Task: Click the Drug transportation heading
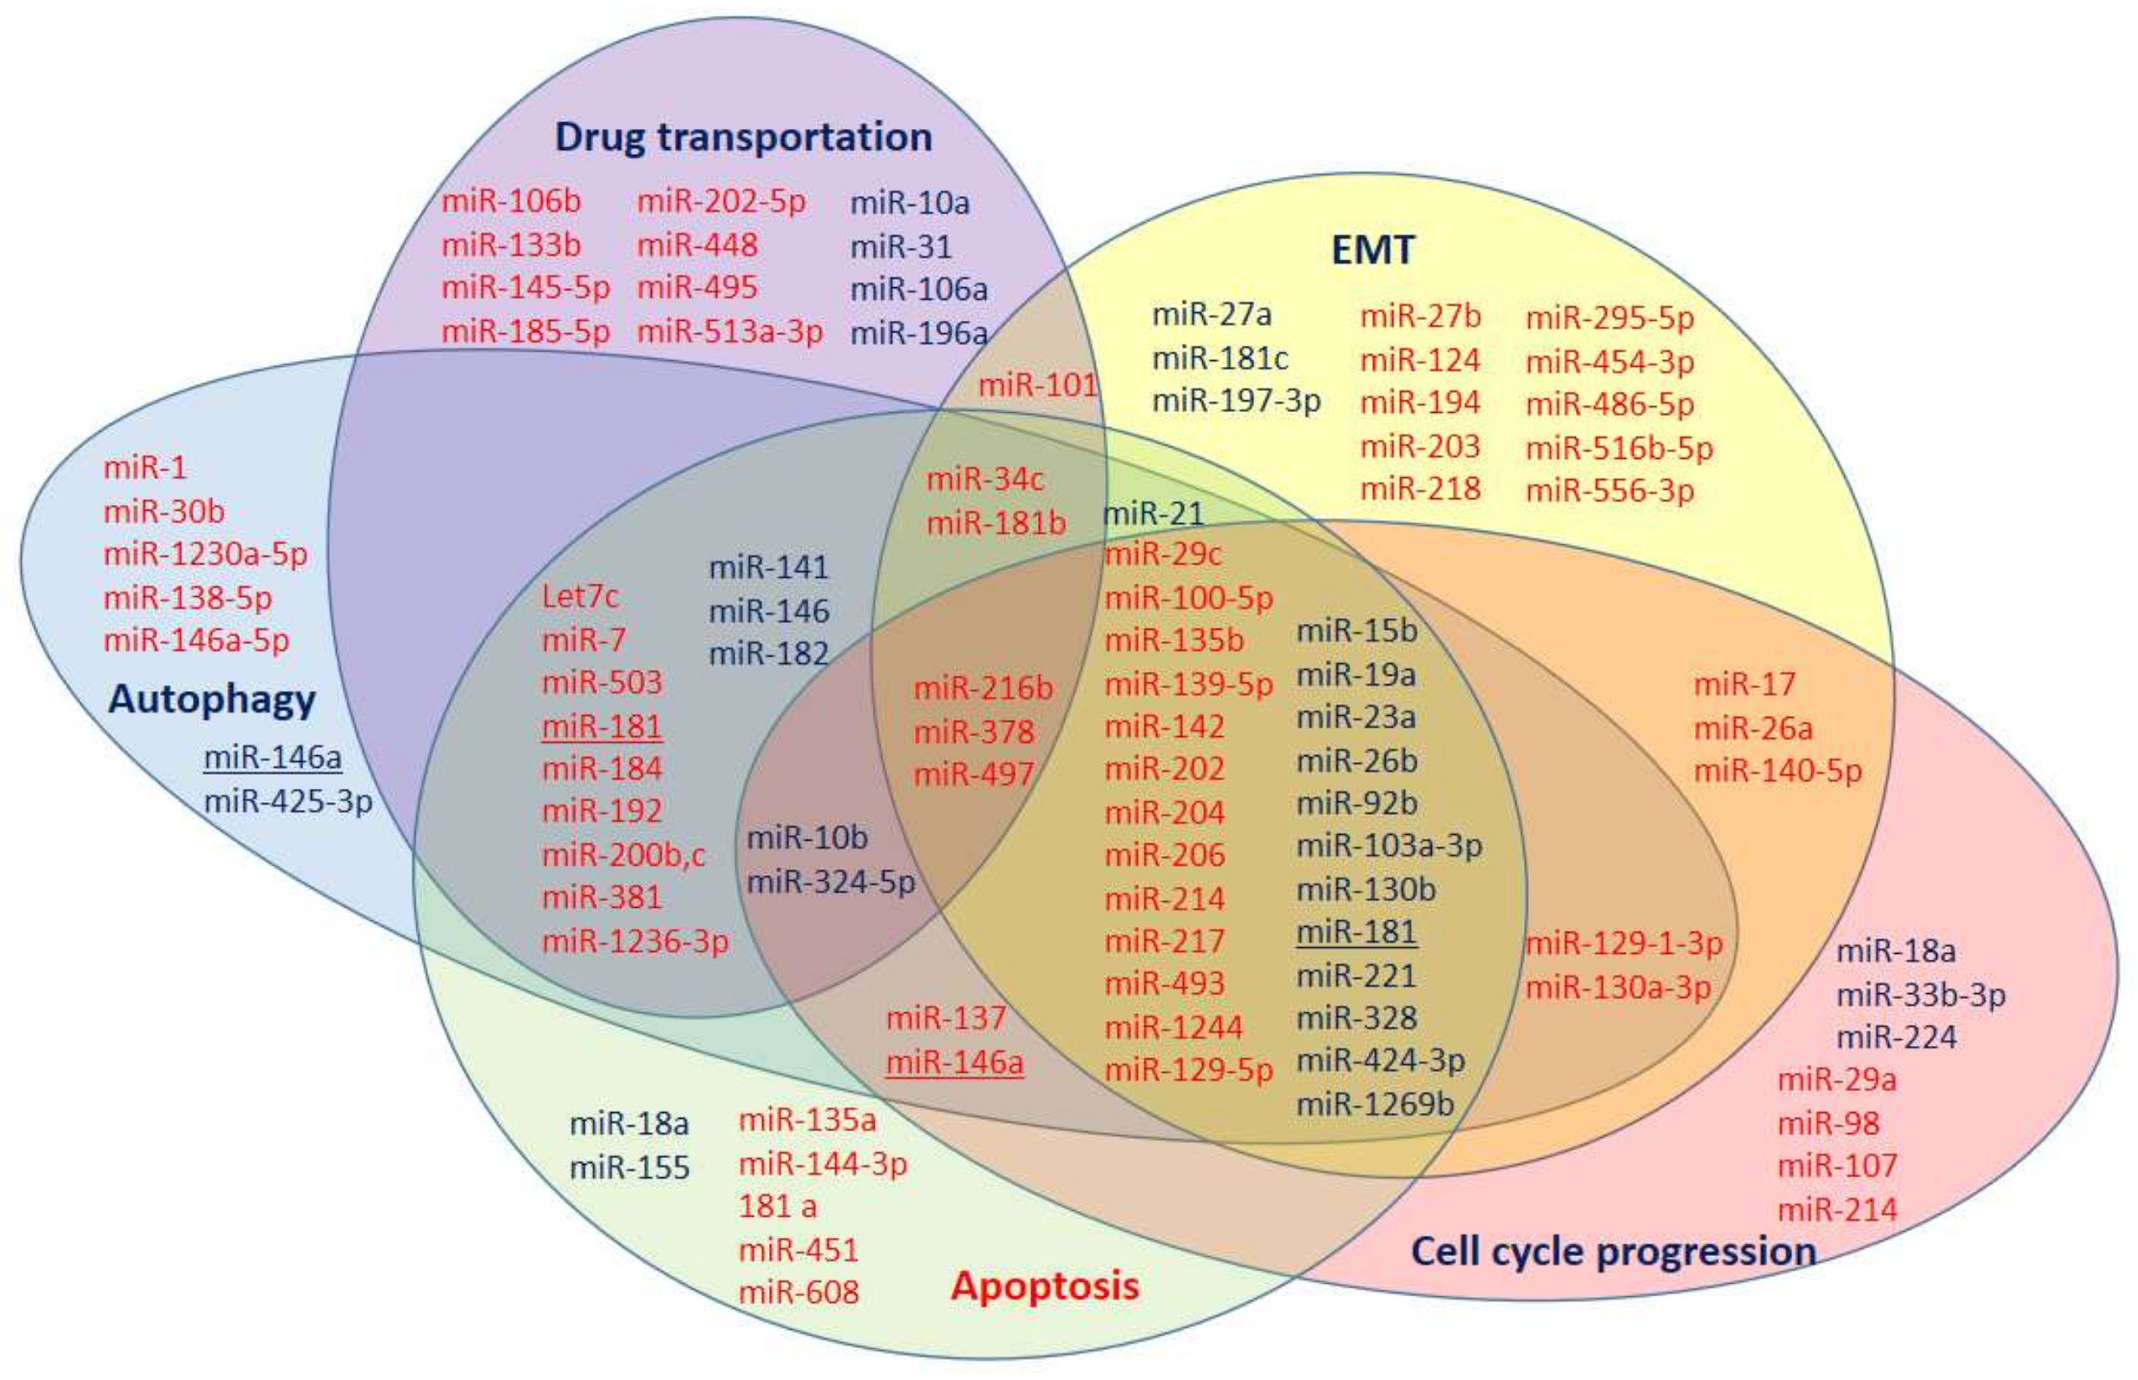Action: click(743, 137)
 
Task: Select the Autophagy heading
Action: click(212, 699)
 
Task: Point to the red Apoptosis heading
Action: click(1045, 1286)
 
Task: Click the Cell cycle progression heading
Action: click(1614, 1251)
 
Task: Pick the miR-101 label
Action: click(1037, 385)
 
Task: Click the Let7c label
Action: click(580, 597)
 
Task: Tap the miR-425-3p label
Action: click(287, 801)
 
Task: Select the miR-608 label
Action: click(798, 1292)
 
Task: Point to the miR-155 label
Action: click(629, 1167)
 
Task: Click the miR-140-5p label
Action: click(1777, 770)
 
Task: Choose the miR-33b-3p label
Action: click(1920, 995)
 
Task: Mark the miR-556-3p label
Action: click(1610, 491)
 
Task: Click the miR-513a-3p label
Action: click(730, 332)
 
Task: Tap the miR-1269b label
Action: click(1375, 1104)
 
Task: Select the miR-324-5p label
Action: click(831, 883)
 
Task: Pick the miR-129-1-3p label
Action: click(1624, 944)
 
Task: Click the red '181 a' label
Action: click(777, 1207)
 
